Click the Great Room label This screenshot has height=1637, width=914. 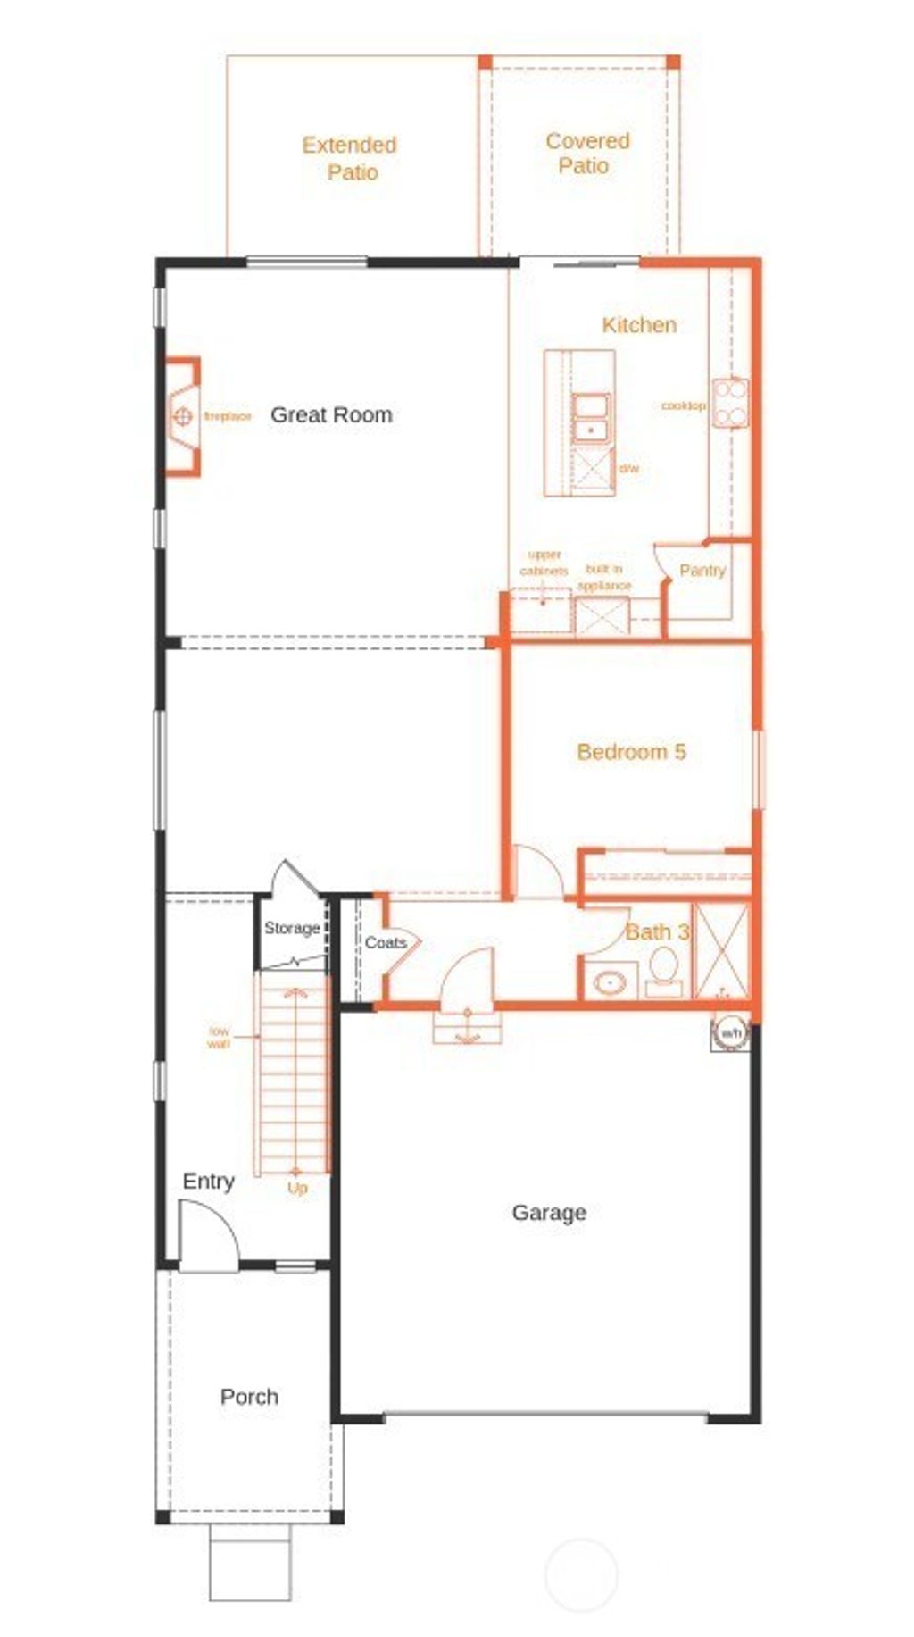[x=331, y=414]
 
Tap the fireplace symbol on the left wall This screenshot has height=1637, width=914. [x=182, y=416]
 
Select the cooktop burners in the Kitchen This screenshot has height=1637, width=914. [x=731, y=403]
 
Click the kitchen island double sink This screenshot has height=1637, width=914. [x=591, y=418]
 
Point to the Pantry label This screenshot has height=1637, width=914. [x=702, y=570]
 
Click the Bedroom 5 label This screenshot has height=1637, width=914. [x=631, y=752]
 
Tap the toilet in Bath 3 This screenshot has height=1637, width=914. [x=663, y=967]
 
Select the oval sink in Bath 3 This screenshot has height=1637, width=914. [x=611, y=984]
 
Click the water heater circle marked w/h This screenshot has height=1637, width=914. [x=731, y=1033]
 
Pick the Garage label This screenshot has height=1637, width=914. [x=549, y=1212]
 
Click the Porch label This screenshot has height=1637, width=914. [x=249, y=1397]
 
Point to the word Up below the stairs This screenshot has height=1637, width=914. [x=297, y=1188]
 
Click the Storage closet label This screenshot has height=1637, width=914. [x=292, y=928]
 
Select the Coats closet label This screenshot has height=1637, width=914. [x=385, y=942]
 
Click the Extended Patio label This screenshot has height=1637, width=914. [x=349, y=158]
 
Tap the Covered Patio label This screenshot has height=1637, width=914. [x=586, y=153]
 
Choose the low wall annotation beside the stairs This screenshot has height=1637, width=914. [x=219, y=1037]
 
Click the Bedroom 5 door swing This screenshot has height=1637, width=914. [x=538, y=873]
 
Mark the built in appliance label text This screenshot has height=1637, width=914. [x=604, y=577]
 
